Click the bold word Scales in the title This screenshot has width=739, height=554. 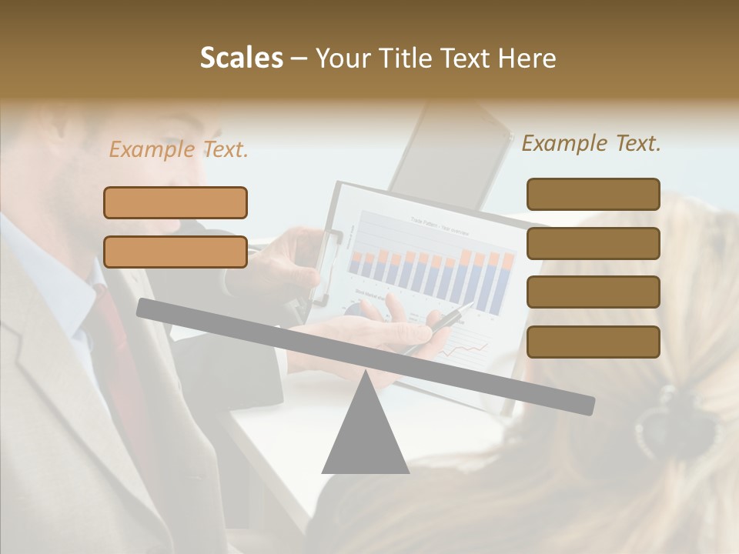pyautogui.click(x=241, y=58)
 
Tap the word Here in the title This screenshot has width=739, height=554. pyautogui.click(x=526, y=58)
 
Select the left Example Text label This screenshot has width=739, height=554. pyautogui.click(x=179, y=150)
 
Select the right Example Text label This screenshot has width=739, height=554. pyautogui.click(x=591, y=143)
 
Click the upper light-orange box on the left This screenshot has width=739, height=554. pyautogui.click(x=176, y=202)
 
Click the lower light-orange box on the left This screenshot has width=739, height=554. pyautogui.click(x=176, y=252)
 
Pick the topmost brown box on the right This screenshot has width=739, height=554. pyautogui.click(x=593, y=194)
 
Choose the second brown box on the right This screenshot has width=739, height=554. pyautogui.click(x=593, y=243)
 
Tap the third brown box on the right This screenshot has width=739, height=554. pyautogui.click(x=593, y=292)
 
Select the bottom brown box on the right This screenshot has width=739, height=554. pyautogui.click(x=593, y=342)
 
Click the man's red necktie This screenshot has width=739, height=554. pyautogui.click(x=115, y=339)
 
